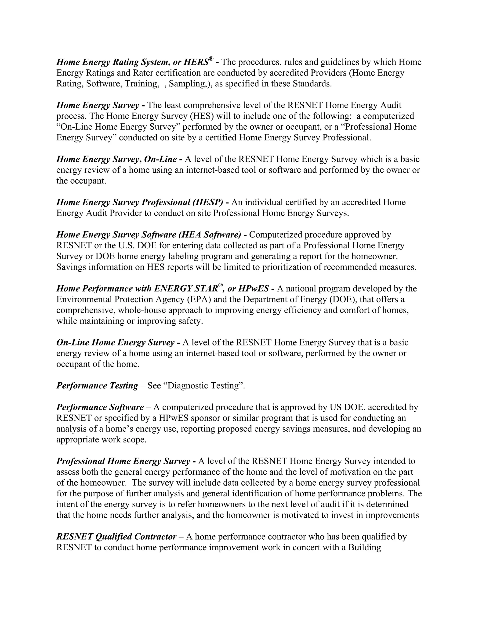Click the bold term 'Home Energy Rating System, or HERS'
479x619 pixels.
pos(132,62)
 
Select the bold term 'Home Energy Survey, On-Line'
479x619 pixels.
pos(116,159)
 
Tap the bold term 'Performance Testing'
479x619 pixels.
pos(97,386)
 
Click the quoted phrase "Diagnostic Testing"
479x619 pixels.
pos(204,386)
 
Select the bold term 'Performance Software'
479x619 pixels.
pos(100,407)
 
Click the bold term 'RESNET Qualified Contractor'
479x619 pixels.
pos(116,537)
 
